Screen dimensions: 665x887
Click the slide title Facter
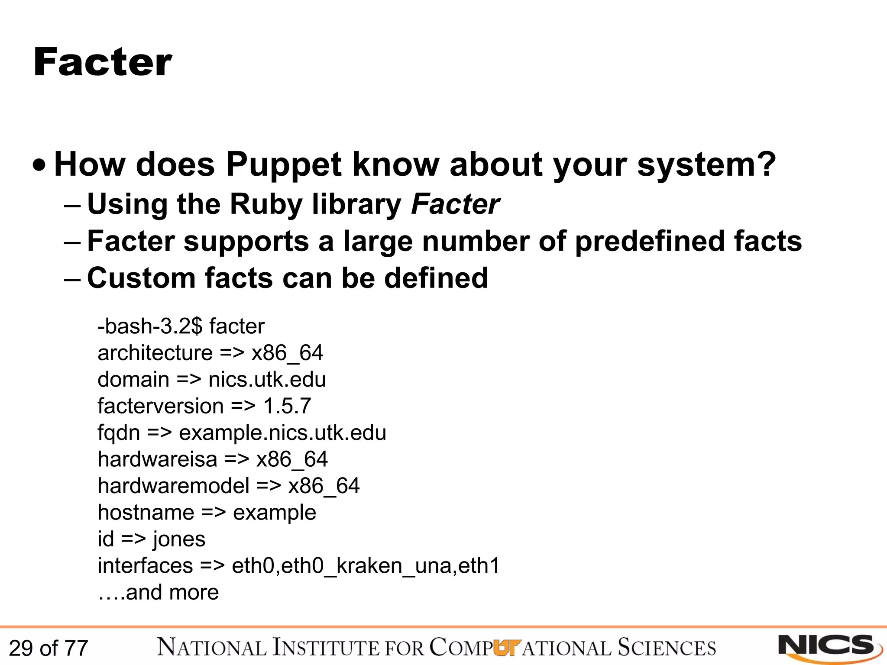(103, 63)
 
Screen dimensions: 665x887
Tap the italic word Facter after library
(455, 204)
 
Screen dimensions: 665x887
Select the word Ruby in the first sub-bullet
(266, 204)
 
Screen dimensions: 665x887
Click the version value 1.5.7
(287, 406)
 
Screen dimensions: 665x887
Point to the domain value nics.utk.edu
(267, 380)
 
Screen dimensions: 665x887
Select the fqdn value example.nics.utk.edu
(282, 433)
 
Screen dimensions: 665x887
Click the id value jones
(179, 539)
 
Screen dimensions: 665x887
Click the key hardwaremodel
(173, 486)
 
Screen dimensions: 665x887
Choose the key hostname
(146, 513)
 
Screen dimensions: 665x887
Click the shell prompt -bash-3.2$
(150, 326)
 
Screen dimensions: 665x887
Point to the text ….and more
(159, 592)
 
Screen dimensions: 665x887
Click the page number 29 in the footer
(21, 649)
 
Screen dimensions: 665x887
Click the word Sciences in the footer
(667, 648)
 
